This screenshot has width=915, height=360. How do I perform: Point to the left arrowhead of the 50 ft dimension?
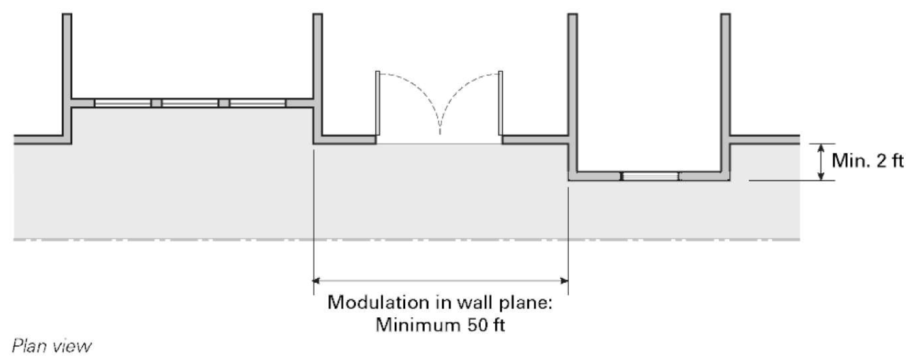coord(318,280)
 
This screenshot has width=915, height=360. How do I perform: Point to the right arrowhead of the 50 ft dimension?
coord(564,280)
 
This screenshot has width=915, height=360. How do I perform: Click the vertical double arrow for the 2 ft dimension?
coord(820,162)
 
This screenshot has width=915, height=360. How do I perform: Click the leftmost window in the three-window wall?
coord(123,103)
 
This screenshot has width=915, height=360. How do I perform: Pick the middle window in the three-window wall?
coord(190,103)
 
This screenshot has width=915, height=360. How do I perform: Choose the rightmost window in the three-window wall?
coord(257,103)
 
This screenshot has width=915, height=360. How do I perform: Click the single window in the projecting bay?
coord(651,176)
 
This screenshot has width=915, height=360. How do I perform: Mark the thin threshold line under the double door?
coord(439,144)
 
